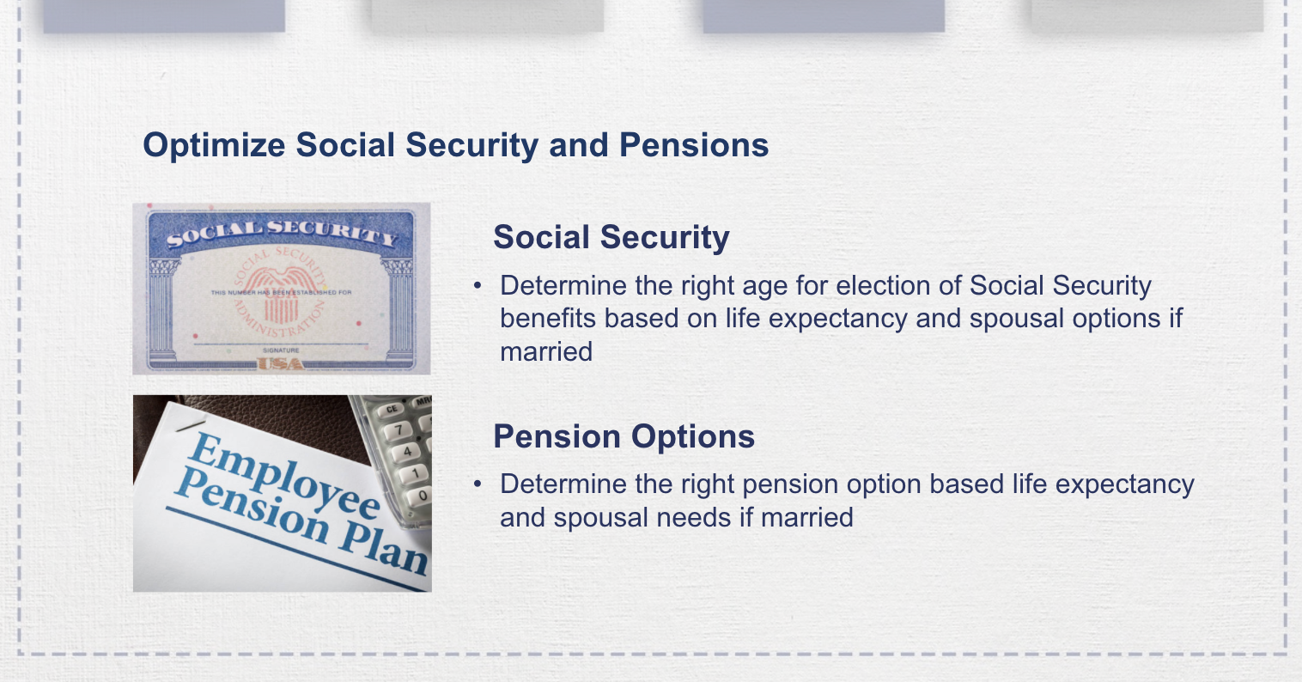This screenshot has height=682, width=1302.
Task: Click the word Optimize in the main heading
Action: pos(214,145)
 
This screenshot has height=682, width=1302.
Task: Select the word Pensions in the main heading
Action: pos(694,145)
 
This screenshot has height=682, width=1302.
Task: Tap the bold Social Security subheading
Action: pos(611,237)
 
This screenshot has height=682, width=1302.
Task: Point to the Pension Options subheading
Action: pos(624,436)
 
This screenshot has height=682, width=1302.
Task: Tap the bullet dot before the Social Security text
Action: pos(478,285)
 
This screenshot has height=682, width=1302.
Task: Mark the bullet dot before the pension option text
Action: pos(478,484)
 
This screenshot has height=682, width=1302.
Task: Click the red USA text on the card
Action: pos(282,364)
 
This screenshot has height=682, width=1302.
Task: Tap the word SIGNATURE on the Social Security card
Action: pos(281,350)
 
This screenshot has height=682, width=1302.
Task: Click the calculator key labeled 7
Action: pos(399,429)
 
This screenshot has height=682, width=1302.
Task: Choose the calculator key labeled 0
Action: pos(422,496)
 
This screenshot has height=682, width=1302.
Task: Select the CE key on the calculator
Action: pos(392,409)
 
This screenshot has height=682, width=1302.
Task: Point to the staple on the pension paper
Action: pos(190,421)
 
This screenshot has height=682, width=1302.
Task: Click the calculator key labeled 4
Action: pos(407,451)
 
